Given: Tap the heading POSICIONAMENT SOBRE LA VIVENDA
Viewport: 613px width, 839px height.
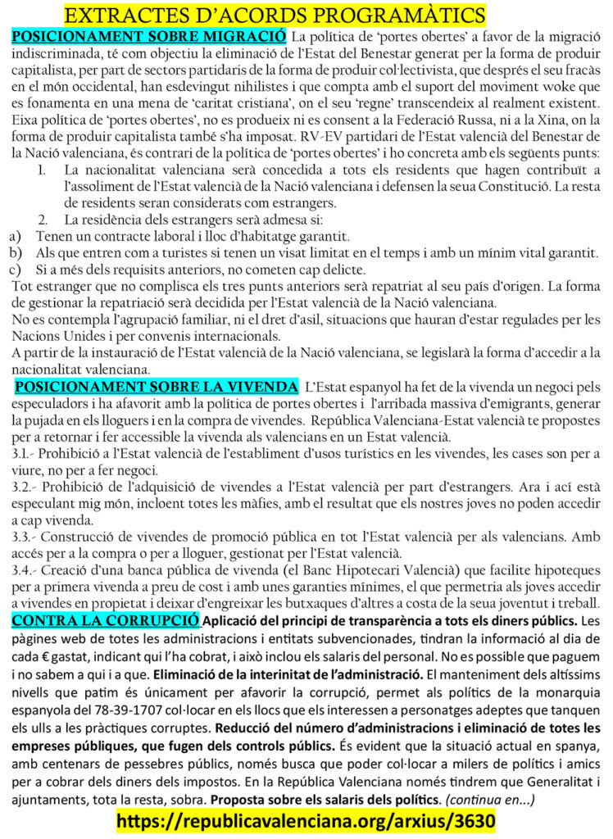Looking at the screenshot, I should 157,386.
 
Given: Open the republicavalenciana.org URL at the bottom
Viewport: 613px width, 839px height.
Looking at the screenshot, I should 306,819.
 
